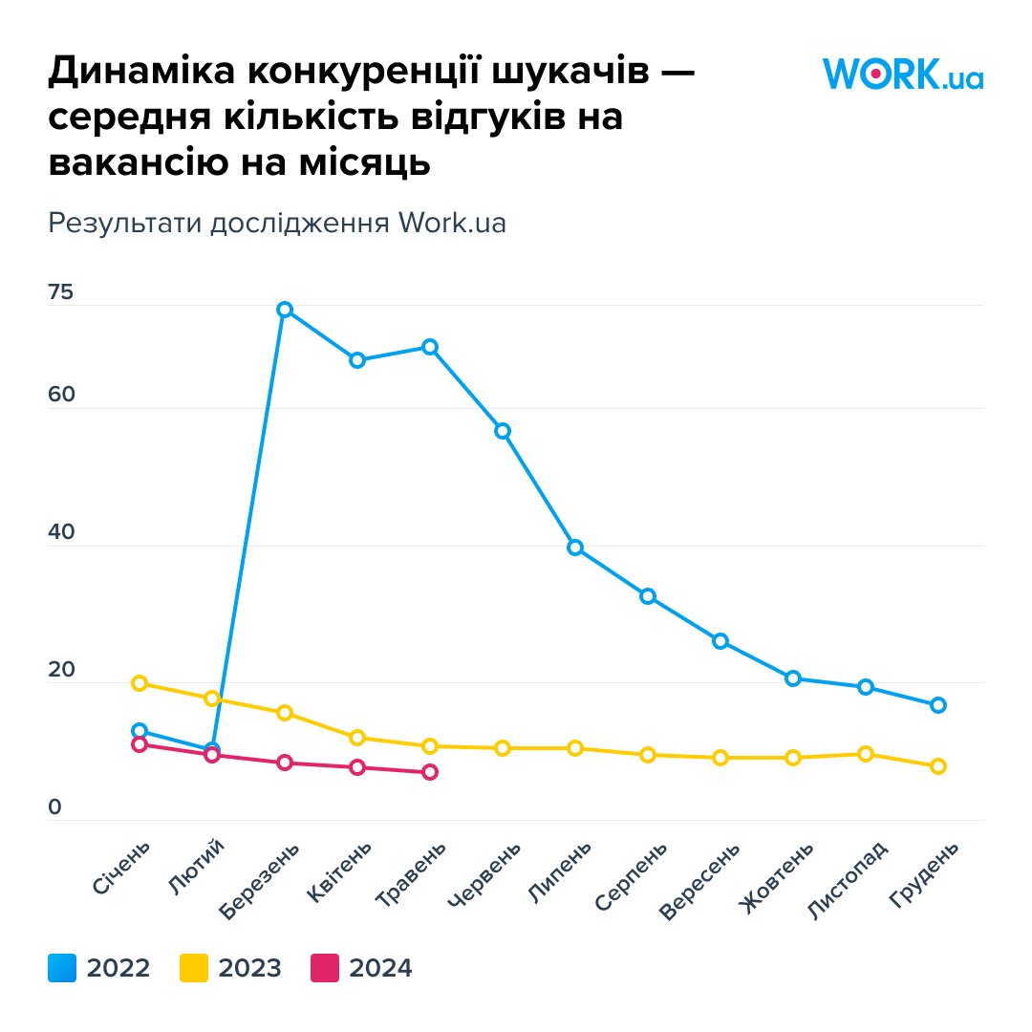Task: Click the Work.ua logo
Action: [902, 74]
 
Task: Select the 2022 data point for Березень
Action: [284, 310]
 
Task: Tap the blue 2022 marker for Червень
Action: [503, 431]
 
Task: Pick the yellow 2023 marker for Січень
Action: [140, 683]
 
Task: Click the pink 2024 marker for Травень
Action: [430, 772]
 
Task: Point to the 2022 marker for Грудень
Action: [938, 705]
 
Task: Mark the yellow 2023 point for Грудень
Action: [938, 766]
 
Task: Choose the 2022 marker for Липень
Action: [575, 548]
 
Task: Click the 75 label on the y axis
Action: [60, 293]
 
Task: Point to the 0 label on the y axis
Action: [54, 807]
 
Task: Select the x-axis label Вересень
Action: [699, 880]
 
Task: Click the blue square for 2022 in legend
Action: [62, 968]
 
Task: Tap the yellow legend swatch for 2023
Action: [194, 968]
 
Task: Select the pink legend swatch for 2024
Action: [325, 968]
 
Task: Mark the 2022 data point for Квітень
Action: [357, 360]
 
